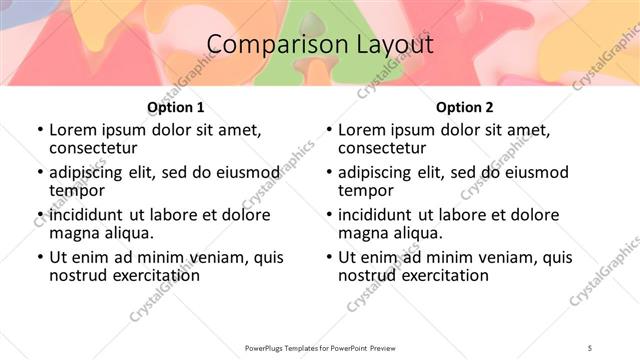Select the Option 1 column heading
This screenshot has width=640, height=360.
[x=175, y=107]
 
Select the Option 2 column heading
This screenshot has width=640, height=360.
[x=464, y=107]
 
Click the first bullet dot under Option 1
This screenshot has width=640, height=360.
[x=40, y=130]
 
